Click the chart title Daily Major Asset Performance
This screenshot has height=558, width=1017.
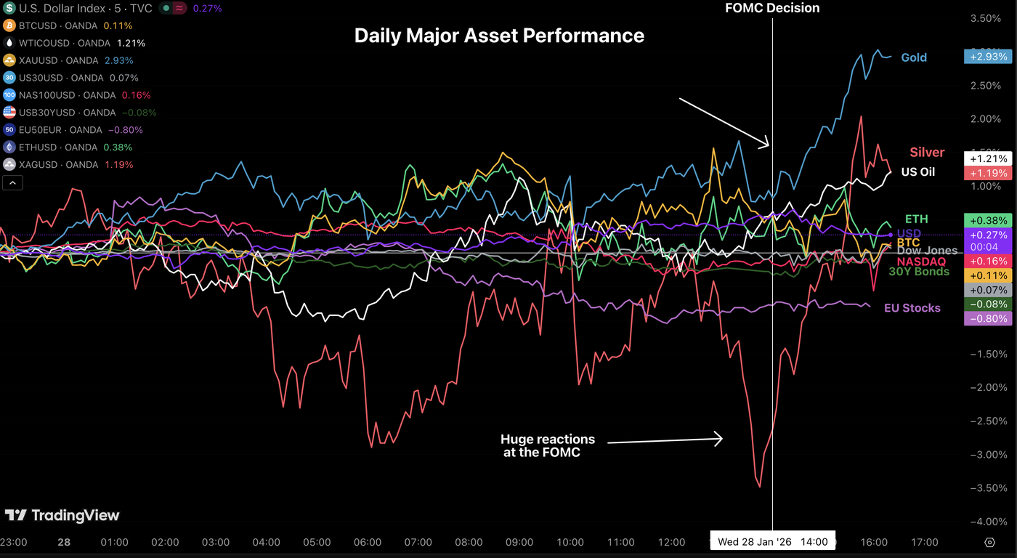click(499, 35)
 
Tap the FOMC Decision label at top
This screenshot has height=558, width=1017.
click(772, 9)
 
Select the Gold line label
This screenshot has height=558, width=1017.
click(913, 57)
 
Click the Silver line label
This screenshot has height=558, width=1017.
click(927, 152)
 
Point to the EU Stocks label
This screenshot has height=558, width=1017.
click(912, 308)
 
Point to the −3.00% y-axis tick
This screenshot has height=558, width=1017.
click(989, 454)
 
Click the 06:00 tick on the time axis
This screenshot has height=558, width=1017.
click(368, 542)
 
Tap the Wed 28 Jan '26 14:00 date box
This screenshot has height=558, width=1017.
click(773, 542)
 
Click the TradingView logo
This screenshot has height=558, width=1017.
click(62, 515)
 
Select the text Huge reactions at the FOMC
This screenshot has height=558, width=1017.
click(547, 445)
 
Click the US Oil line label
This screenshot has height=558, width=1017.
click(917, 172)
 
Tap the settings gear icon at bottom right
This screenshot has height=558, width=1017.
click(989, 542)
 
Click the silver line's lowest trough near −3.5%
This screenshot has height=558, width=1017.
click(760, 486)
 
